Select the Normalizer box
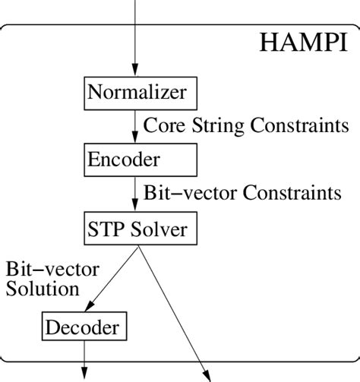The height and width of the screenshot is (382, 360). (136, 93)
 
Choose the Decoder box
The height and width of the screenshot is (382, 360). (84, 327)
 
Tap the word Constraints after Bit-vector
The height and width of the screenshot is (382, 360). (292, 193)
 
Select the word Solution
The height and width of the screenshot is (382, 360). (42, 289)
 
